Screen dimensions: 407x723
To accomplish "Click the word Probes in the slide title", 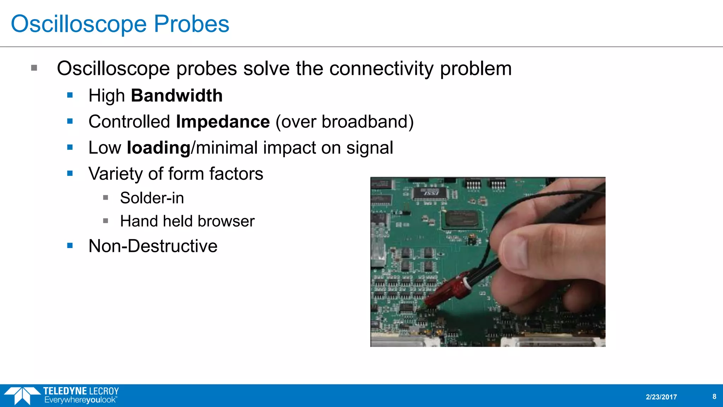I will point(191,24).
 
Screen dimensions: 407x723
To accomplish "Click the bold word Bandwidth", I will point(177,96).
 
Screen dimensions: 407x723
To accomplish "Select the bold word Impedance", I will point(223,122).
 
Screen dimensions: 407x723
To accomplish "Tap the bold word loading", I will point(159,148).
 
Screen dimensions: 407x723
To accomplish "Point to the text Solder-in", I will point(152,198).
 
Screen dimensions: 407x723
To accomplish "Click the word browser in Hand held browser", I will point(226,221).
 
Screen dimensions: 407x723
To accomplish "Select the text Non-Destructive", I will point(153,246).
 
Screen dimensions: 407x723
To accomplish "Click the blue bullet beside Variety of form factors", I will point(70,173).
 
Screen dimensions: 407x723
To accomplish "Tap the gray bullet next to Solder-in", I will point(106,197).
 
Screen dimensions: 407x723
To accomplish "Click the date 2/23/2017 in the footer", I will point(661,397).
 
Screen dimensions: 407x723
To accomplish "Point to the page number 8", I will point(714,396).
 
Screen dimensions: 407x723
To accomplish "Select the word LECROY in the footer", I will point(104,391).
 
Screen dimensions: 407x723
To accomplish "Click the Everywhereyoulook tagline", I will point(80,400).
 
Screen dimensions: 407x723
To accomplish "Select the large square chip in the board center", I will point(461,219).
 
